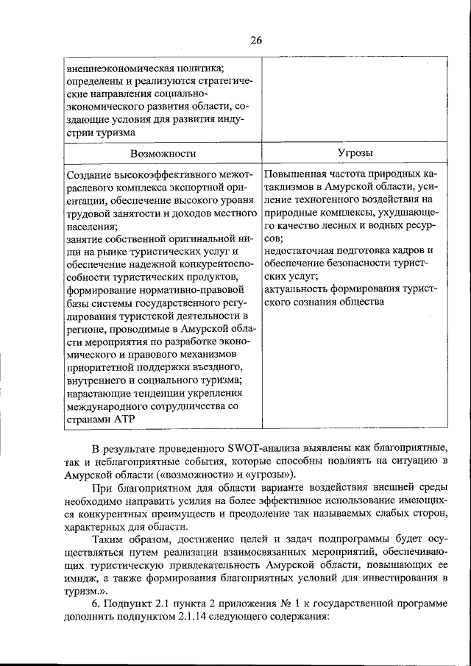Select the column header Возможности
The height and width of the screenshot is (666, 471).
(x=163, y=153)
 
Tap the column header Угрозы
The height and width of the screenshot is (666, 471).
(x=355, y=153)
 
